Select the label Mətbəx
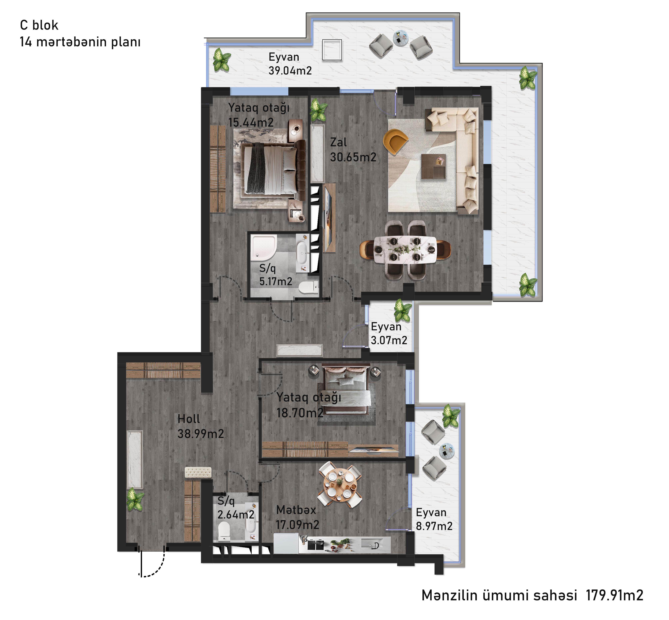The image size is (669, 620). pyautogui.click(x=296, y=510)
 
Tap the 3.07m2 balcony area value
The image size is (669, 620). pyautogui.click(x=389, y=340)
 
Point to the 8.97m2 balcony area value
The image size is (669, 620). pyautogui.click(x=434, y=526)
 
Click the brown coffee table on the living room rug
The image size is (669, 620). pyautogui.click(x=433, y=166)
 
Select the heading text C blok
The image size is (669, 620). pyautogui.click(x=39, y=25)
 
